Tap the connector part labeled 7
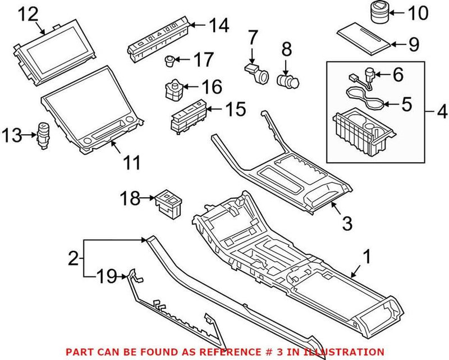255,71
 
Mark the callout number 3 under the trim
347,224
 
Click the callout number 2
72,259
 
